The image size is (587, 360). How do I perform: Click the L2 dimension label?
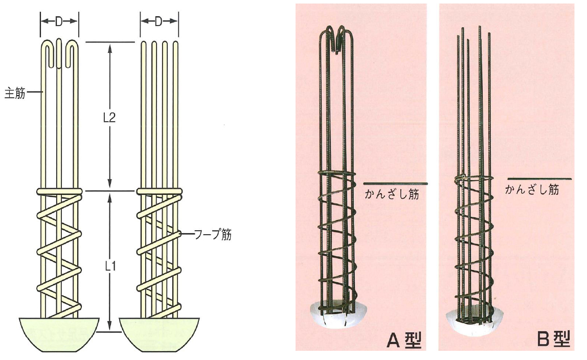(109, 118)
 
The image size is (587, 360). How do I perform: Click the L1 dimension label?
(109, 266)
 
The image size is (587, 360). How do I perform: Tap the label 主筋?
(15, 93)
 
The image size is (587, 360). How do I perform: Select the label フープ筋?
(213, 235)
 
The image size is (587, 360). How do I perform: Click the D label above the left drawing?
(59, 22)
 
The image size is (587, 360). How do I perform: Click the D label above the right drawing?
(159, 21)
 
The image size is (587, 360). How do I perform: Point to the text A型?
(404, 340)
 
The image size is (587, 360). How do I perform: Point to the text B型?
(553, 339)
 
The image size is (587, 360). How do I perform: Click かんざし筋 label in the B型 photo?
(532, 190)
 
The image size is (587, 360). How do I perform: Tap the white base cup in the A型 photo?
(336, 315)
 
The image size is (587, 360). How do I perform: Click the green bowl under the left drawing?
(59, 334)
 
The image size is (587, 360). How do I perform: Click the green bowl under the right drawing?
(160, 334)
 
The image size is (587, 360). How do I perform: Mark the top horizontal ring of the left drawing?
(59, 191)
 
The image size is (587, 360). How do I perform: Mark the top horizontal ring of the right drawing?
(159, 191)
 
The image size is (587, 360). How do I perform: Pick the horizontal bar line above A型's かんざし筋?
(395, 184)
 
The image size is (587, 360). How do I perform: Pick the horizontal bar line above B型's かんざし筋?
(539, 179)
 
